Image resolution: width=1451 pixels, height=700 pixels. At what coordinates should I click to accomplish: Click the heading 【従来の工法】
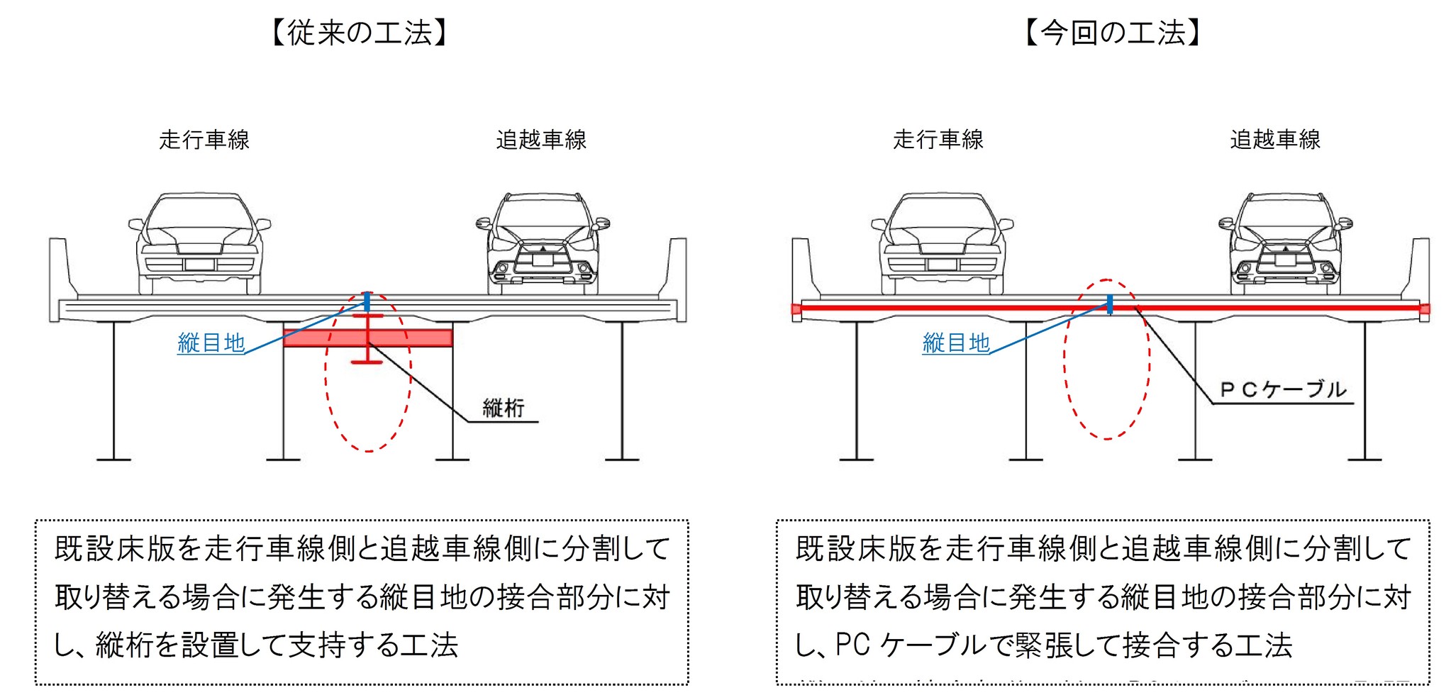pyautogui.click(x=360, y=33)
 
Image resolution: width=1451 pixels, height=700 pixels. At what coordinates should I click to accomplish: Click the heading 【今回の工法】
pyautogui.click(x=1112, y=33)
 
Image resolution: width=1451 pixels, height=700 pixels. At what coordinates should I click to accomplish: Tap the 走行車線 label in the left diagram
pyautogui.click(x=204, y=140)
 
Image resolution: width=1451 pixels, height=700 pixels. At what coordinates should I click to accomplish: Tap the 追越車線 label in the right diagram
pyautogui.click(x=1274, y=140)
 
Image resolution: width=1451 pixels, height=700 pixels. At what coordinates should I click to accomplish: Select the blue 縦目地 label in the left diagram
pyautogui.click(x=211, y=343)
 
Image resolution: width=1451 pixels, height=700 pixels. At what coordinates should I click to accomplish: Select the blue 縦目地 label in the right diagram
pyautogui.click(x=955, y=343)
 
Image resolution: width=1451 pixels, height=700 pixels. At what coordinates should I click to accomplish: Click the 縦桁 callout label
pyautogui.click(x=503, y=409)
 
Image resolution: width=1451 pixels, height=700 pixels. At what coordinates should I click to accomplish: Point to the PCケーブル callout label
pyautogui.click(x=1282, y=390)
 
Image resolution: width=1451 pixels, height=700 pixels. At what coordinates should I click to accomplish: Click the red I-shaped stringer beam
pyautogui.click(x=367, y=339)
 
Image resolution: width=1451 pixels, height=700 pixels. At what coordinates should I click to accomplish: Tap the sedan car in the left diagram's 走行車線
pyautogui.click(x=200, y=243)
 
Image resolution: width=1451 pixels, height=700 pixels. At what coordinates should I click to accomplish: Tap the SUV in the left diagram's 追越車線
pyautogui.click(x=543, y=243)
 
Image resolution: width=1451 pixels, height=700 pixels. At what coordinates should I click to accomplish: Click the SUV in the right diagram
pyautogui.click(x=1285, y=243)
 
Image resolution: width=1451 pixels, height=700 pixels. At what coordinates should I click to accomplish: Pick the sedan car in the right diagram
pyautogui.click(x=942, y=243)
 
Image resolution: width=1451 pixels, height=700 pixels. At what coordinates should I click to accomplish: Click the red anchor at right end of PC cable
pyautogui.click(x=1424, y=309)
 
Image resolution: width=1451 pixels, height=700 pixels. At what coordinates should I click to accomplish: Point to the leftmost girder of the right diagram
pyautogui.click(x=857, y=390)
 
